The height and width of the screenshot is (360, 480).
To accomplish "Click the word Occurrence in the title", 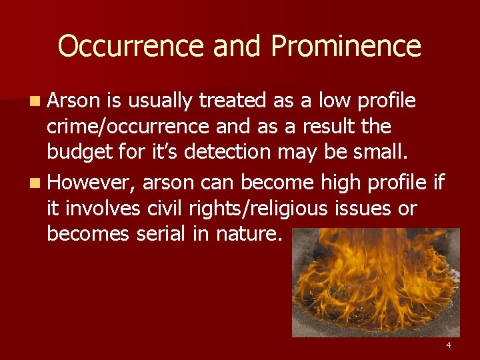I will [131, 46].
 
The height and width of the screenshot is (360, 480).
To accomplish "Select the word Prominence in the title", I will [346, 46].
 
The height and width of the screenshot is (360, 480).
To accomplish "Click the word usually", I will [161, 101].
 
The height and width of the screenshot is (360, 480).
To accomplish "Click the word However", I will [92, 182].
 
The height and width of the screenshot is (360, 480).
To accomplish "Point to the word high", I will [339, 181].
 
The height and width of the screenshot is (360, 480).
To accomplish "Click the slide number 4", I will [449, 345].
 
